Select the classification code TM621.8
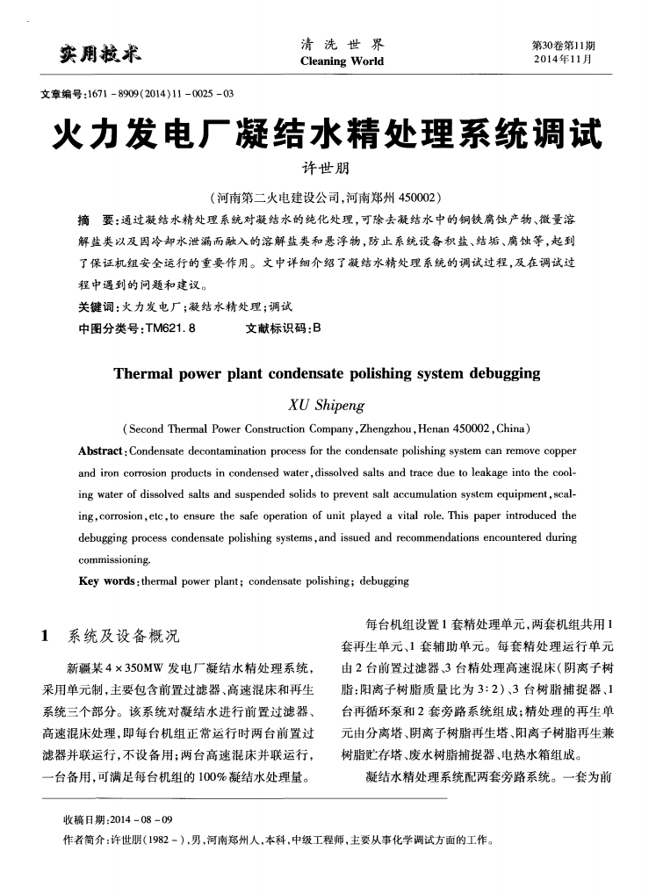point(164,329)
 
